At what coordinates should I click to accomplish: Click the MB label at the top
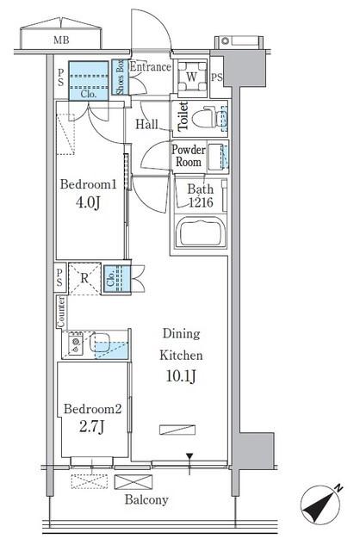61,40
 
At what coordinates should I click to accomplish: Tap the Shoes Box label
121,77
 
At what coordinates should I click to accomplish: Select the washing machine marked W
191,77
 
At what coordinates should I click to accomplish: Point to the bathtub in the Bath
201,232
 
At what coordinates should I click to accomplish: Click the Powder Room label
189,156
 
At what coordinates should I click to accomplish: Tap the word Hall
147,124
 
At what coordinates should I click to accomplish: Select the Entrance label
151,67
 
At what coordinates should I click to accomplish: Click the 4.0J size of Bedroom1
88,203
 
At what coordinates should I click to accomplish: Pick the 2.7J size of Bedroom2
91,427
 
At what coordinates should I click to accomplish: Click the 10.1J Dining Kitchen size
181,376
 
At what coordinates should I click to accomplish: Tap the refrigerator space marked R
84,279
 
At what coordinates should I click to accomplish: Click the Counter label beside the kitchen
61,312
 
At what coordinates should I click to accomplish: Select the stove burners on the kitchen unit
76,344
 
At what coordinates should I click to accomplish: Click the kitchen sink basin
100,343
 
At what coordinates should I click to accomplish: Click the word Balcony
146,499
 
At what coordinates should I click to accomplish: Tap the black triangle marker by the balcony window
189,456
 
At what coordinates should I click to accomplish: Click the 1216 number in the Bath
201,202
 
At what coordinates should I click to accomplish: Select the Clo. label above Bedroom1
88,94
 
